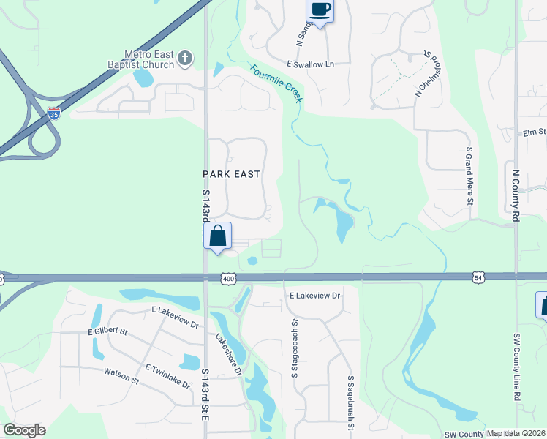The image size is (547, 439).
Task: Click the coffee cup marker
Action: (320, 10)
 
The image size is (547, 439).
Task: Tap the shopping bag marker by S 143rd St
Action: (217, 236)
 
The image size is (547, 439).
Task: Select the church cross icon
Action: (185, 58)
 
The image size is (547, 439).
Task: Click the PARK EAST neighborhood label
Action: (231, 173)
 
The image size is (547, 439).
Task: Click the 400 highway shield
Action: (228, 278)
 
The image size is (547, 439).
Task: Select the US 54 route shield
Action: (478, 277)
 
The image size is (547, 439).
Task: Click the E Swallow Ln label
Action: (310, 64)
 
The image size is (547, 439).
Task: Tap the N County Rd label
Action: (516, 195)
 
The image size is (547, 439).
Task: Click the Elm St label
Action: (535, 132)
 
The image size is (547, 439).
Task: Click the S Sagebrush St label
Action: (351, 401)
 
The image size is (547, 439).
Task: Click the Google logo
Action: (24, 430)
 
